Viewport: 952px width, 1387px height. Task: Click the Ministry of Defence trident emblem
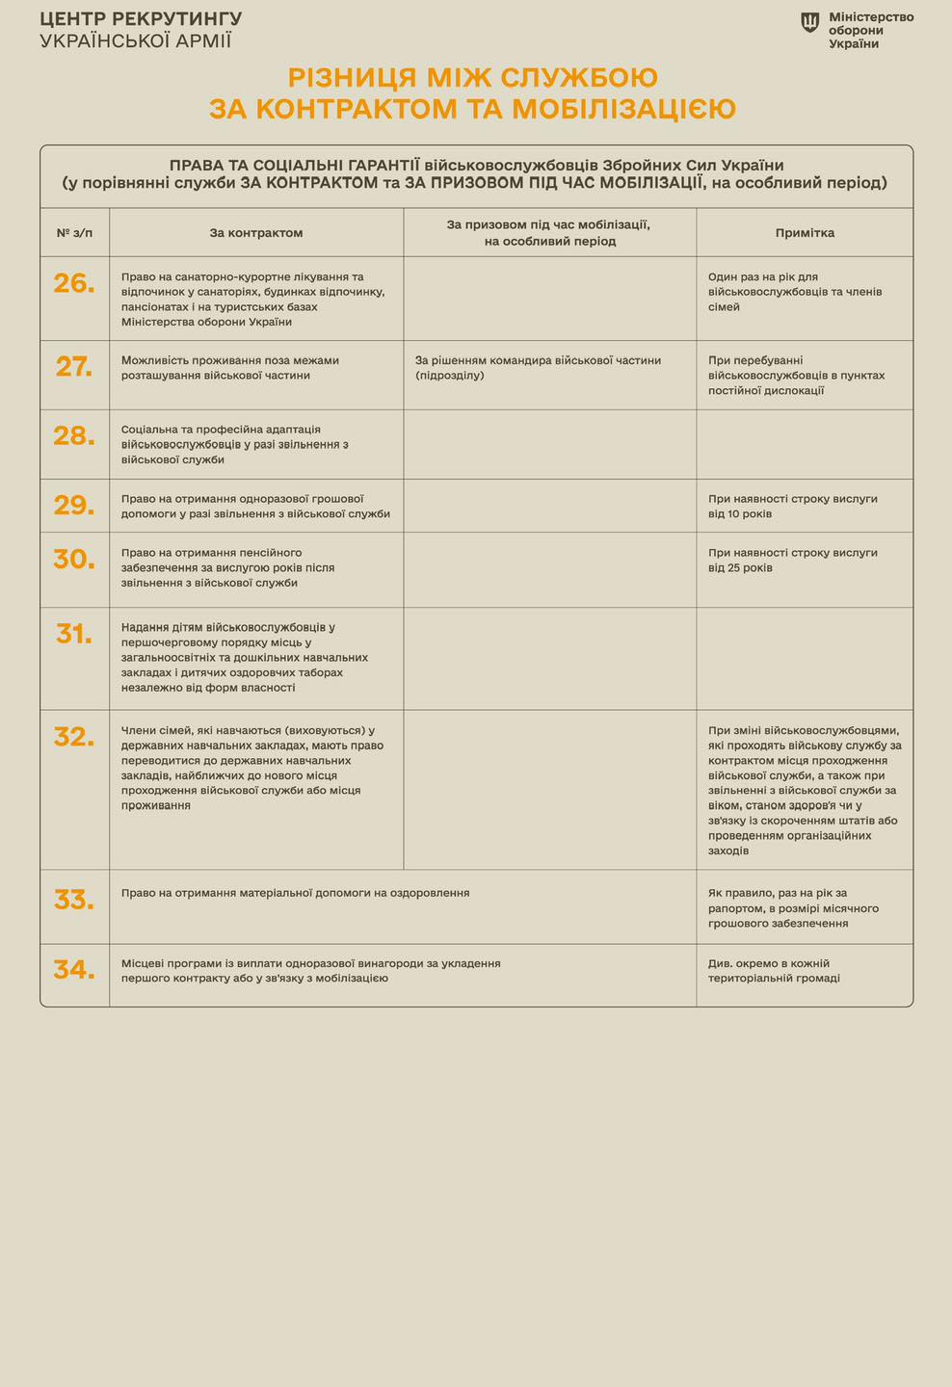point(811,22)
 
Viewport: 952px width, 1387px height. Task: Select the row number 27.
point(74,366)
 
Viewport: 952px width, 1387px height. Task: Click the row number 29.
point(74,505)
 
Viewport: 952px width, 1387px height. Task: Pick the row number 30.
point(74,560)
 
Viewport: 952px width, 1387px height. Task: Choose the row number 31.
point(74,633)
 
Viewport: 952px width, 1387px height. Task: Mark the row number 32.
point(74,736)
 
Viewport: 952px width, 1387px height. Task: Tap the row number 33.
point(74,900)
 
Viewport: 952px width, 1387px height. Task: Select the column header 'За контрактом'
point(256,233)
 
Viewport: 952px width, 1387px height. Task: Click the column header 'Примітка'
point(805,233)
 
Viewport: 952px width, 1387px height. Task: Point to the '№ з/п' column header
point(74,233)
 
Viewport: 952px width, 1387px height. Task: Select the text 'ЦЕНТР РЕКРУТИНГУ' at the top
point(141,19)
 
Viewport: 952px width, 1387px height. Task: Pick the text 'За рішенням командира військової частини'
point(538,360)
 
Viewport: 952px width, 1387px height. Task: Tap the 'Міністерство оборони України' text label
point(871,31)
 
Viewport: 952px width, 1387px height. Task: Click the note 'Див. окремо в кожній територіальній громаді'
point(775,970)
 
